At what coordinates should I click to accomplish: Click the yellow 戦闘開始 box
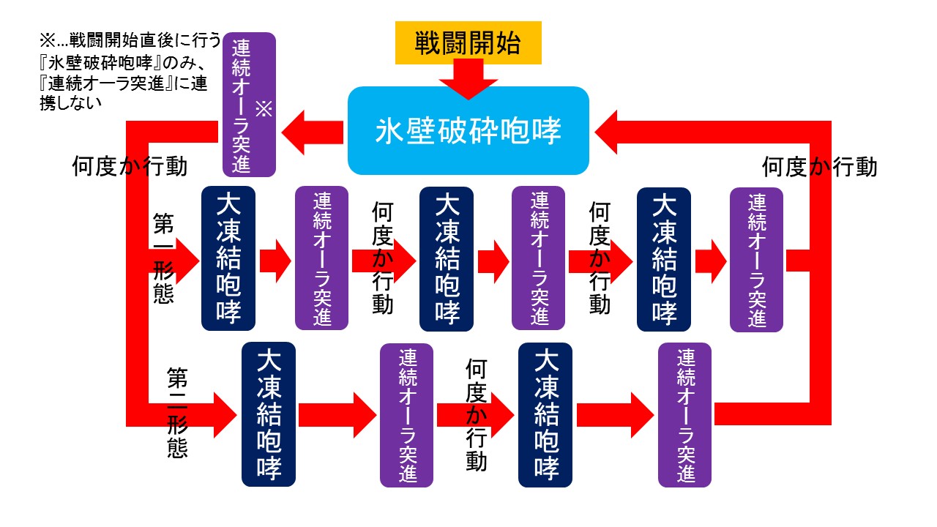(x=468, y=43)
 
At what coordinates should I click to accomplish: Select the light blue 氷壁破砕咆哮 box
(x=468, y=131)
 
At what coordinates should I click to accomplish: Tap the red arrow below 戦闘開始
(x=468, y=79)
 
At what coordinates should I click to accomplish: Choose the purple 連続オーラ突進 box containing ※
(x=249, y=105)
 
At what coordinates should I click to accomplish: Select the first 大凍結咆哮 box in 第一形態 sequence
(x=228, y=258)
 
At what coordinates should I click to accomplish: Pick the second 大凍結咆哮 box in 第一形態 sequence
(x=446, y=258)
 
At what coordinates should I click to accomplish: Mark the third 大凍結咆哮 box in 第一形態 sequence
(x=664, y=258)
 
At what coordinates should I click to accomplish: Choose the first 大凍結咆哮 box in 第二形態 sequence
(x=269, y=414)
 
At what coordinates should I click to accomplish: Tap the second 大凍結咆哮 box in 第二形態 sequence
(x=545, y=414)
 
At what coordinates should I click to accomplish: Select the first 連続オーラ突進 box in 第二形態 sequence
(x=406, y=414)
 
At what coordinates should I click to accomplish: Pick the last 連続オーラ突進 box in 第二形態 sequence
(x=684, y=414)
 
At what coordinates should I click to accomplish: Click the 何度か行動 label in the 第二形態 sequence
(x=476, y=414)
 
